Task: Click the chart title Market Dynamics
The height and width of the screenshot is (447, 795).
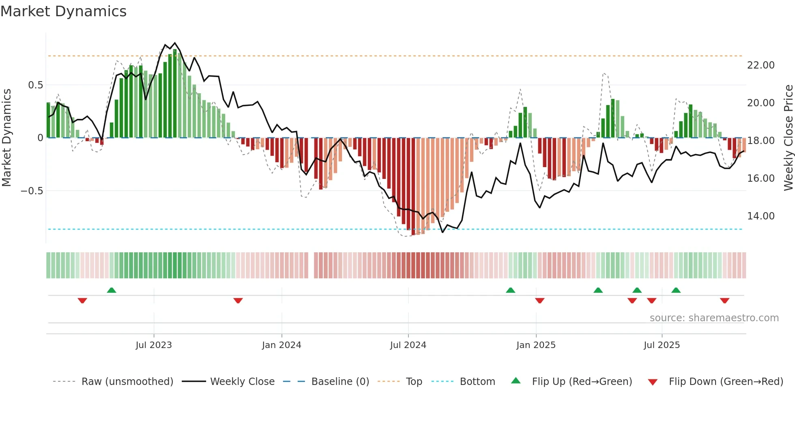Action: [63, 11]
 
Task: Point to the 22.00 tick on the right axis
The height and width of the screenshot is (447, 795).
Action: [761, 65]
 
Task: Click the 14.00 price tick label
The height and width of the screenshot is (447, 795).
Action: [761, 216]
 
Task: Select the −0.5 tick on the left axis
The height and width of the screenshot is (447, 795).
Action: [32, 191]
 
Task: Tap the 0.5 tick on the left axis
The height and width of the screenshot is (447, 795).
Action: [35, 85]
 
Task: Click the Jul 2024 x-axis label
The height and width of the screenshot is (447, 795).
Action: [408, 345]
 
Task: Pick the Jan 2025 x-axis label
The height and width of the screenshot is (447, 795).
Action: [536, 345]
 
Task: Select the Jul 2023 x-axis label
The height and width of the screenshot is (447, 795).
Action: [154, 345]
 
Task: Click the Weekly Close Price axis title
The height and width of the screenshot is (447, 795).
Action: [788, 138]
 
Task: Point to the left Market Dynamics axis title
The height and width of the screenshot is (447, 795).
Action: [6, 138]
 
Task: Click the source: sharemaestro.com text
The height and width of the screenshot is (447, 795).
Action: [714, 318]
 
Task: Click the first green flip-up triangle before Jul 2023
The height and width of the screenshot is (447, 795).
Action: [112, 290]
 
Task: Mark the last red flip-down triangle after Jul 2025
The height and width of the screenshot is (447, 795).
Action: [724, 301]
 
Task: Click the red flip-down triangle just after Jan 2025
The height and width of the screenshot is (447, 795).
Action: [539, 301]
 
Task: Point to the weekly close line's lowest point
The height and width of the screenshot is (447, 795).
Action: [443, 232]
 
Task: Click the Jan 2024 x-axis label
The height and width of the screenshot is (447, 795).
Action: [281, 345]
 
